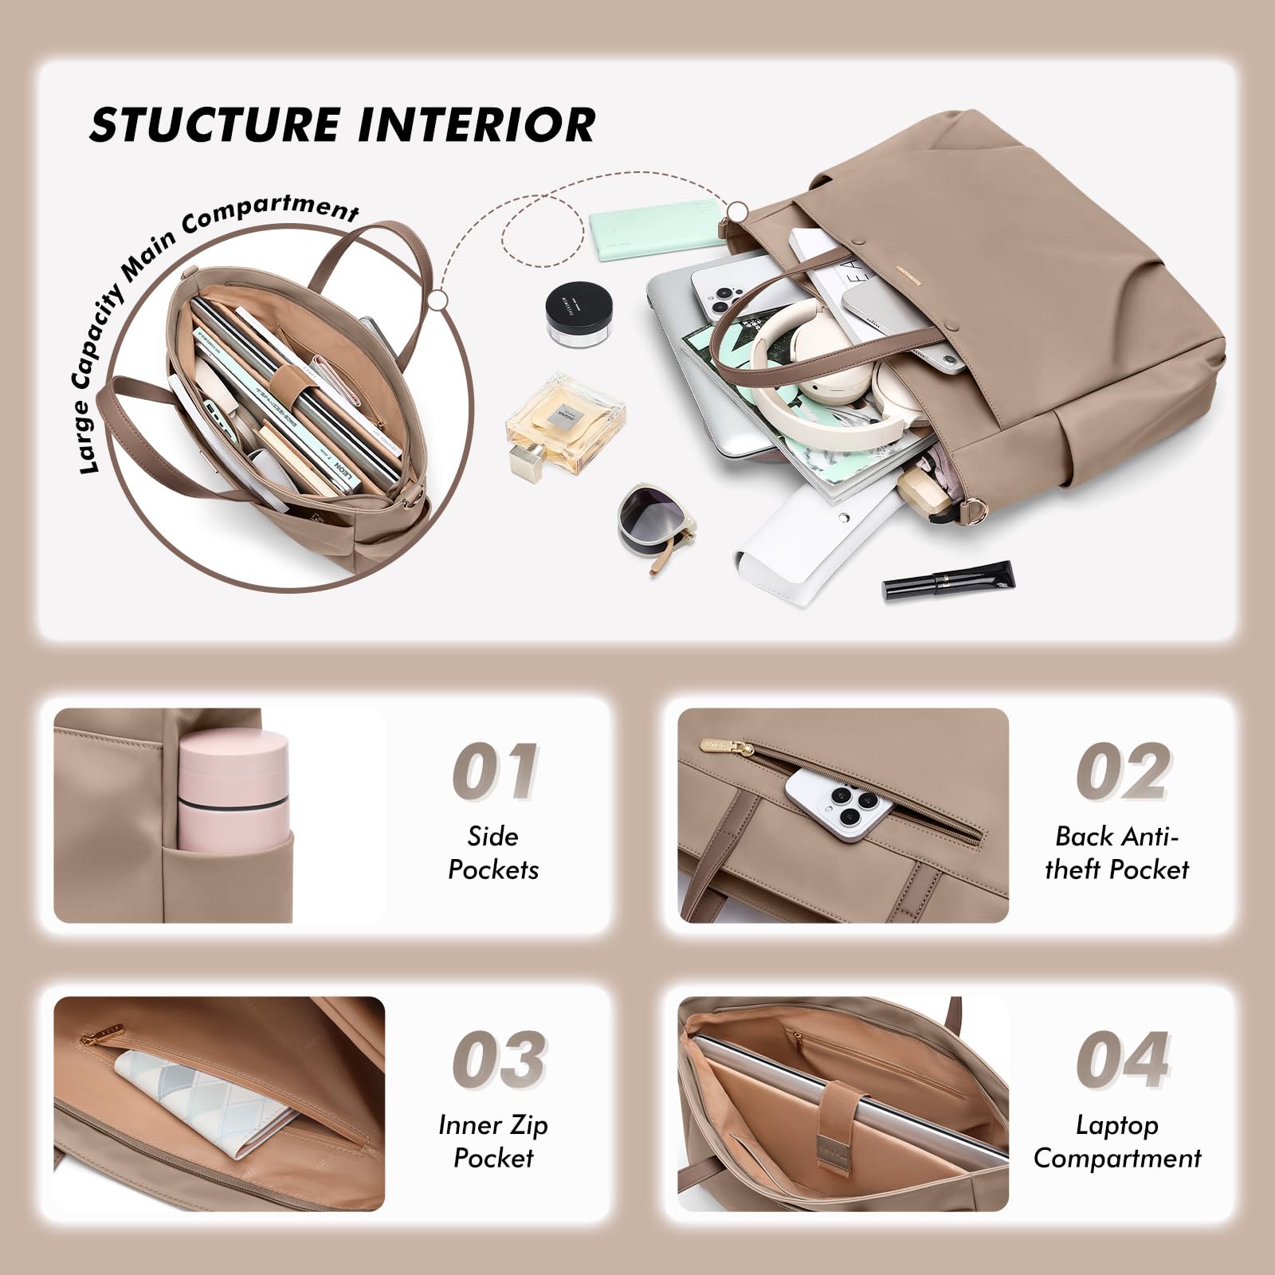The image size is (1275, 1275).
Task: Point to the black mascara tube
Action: click(x=948, y=579)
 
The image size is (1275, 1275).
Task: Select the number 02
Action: click(x=1122, y=771)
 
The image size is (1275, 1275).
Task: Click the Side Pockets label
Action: click(x=493, y=853)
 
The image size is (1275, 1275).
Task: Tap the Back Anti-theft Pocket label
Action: click(x=1116, y=853)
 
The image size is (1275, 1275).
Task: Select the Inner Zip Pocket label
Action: click(x=493, y=1141)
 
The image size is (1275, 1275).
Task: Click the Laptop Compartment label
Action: click(x=1116, y=1141)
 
